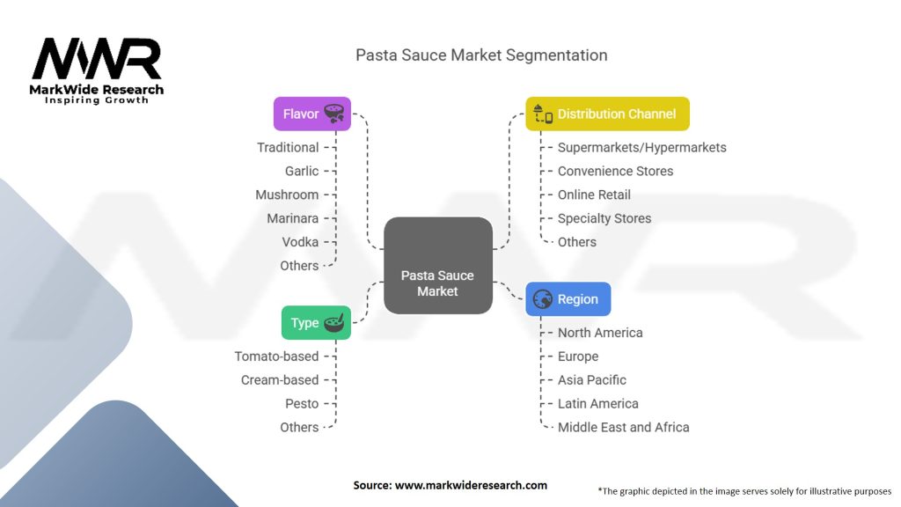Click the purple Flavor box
tap(312, 114)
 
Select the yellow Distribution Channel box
tap(607, 114)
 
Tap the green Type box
tap(316, 322)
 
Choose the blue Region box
tap(568, 299)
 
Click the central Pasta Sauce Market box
tap(438, 266)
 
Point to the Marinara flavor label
tap(292, 218)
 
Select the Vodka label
tap(300, 242)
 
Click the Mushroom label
tap(287, 195)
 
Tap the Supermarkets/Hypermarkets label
tap(641, 148)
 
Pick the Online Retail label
tap(594, 195)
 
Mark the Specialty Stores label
tap(604, 218)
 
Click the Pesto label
tap(302, 403)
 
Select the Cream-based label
tap(280, 380)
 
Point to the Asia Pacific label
tap(592, 380)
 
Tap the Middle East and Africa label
tap(624, 427)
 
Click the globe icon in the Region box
tap(542, 299)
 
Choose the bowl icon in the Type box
tap(334, 322)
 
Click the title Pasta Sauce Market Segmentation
tap(481, 55)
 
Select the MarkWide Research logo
tap(97, 70)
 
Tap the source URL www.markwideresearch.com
tap(471, 485)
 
